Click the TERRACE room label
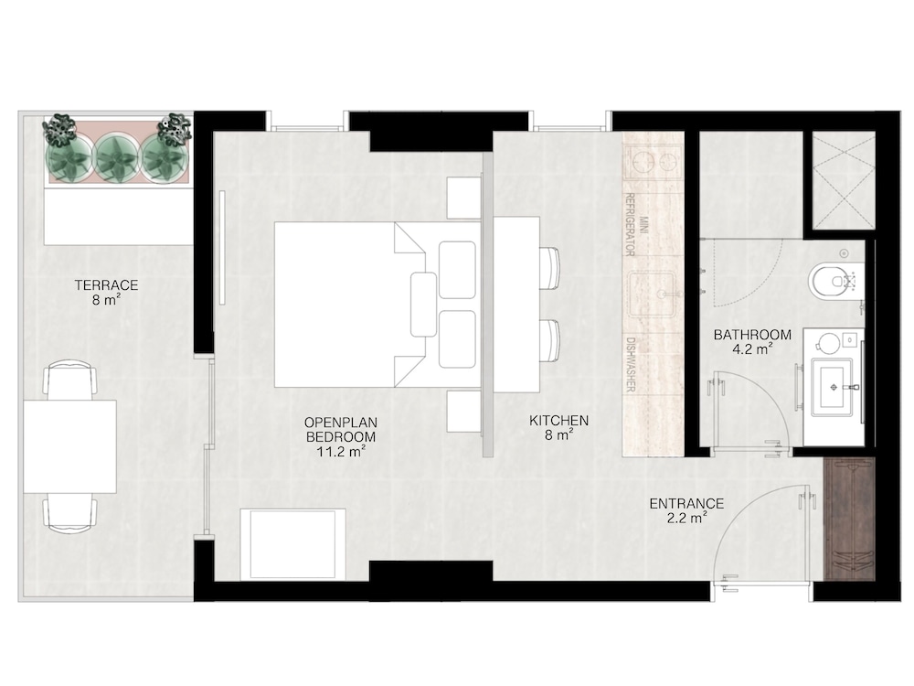click(x=106, y=285)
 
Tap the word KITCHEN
click(x=559, y=420)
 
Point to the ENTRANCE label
click(x=686, y=503)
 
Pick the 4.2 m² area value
click(x=752, y=349)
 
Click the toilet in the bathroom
click(x=834, y=281)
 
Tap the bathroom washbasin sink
click(x=834, y=386)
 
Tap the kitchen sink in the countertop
click(x=653, y=295)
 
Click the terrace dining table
click(x=70, y=447)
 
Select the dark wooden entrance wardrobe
click(x=850, y=520)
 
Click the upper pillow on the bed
click(x=457, y=270)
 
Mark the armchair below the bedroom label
click(x=292, y=545)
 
